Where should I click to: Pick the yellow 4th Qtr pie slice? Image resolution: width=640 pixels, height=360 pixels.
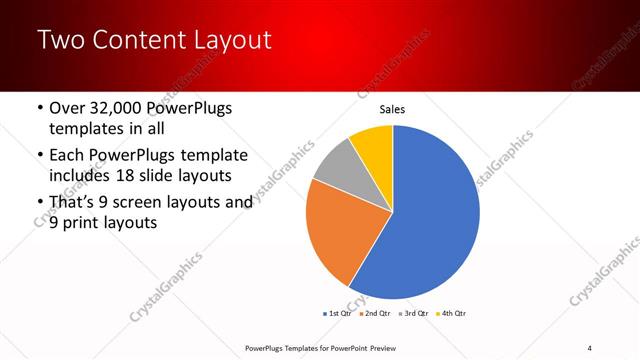374,142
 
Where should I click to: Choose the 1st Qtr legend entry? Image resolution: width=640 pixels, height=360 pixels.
337,313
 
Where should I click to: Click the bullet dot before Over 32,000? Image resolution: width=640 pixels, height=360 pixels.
39,108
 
